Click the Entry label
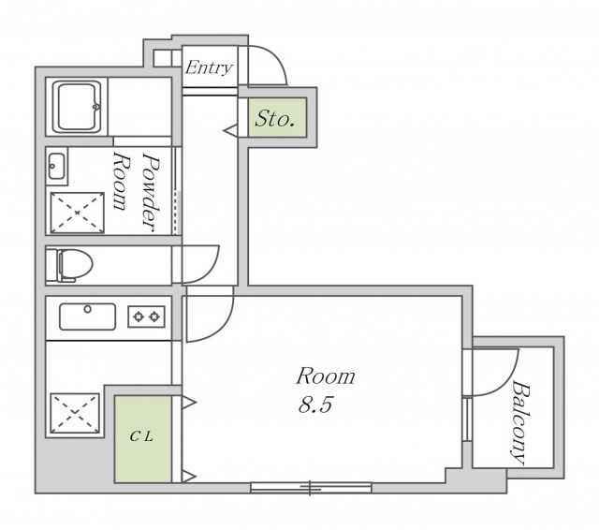[x=209, y=67]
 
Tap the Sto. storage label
[x=274, y=119]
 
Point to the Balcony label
[x=520, y=422]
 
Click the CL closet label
[x=141, y=436]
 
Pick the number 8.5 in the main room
[x=316, y=405]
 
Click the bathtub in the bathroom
[x=77, y=107]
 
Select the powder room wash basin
[x=56, y=166]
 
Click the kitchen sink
[x=87, y=317]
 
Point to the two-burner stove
[x=146, y=317]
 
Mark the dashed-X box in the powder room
[x=78, y=213]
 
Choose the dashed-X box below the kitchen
[x=75, y=413]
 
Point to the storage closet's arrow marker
[x=230, y=131]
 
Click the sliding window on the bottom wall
[x=311, y=487]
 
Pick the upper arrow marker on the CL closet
[x=189, y=402]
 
